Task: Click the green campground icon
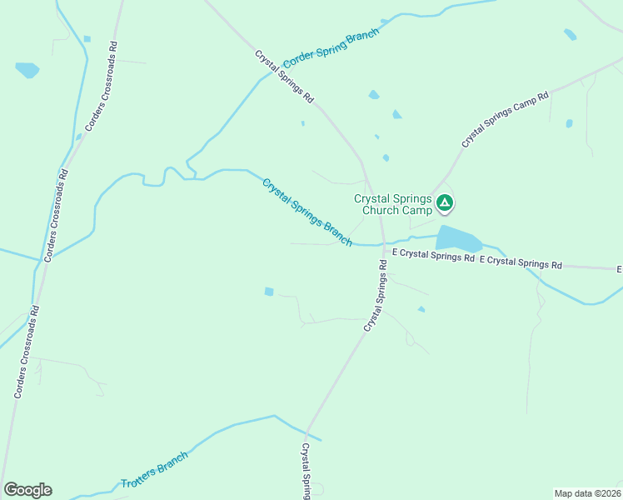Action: point(446,202)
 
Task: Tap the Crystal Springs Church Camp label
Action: point(393,204)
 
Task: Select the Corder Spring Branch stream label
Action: point(331,49)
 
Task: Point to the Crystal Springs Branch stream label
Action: point(307,212)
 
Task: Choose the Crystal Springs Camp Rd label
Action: point(506,120)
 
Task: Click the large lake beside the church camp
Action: point(457,238)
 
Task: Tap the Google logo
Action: point(27,490)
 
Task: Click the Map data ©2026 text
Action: point(587,492)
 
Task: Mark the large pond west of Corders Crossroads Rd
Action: point(27,70)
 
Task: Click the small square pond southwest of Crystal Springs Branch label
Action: point(269,291)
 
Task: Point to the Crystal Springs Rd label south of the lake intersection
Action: point(375,297)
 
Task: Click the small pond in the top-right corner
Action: point(570,34)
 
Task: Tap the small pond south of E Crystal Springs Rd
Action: point(421,309)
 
